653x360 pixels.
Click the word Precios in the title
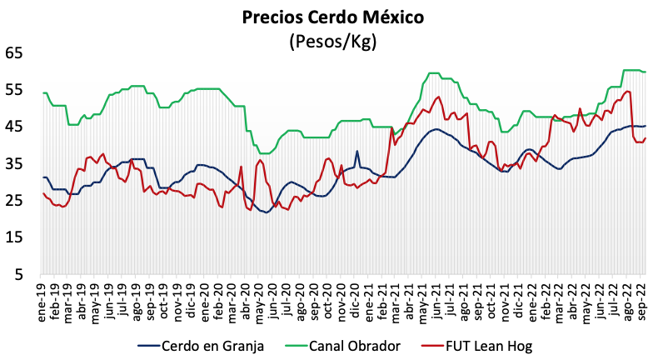272,17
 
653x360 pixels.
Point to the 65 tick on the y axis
14,52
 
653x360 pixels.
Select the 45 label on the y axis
14,126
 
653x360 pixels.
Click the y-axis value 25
14,200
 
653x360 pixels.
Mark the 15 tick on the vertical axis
14,237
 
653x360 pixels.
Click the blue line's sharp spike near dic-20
357,152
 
